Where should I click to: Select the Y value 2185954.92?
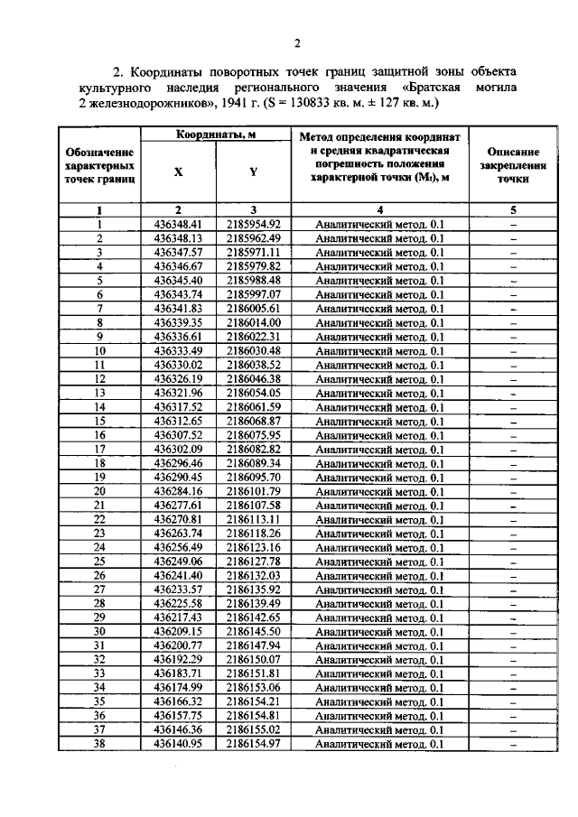pyautogui.click(x=254, y=224)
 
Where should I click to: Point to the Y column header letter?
pyautogui.click(x=254, y=172)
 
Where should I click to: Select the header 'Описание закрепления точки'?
pyautogui.click(x=512, y=166)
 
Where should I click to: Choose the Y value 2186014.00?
pyautogui.click(x=254, y=322)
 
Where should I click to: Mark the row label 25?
pyautogui.click(x=100, y=561)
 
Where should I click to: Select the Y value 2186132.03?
pyautogui.click(x=254, y=574)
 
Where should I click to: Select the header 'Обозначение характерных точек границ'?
pyautogui.click(x=100, y=166)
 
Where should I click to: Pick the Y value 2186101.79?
pyautogui.click(x=254, y=490)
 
